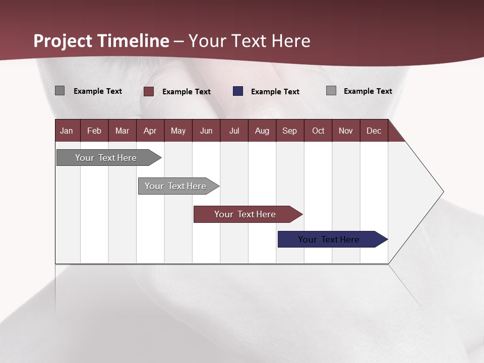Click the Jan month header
click(x=67, y=131)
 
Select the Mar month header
click(x=122, y=131)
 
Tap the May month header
click(x=178, y=131)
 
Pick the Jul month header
click(x=234, y=131)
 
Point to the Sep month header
click(x=289, y=131)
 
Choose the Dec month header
click(x=374, y=131)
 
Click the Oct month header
click(x=318, y=131)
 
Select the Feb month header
click(x=94, y=131)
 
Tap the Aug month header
click(x=262, y=131)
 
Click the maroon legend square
click(x=149, y=91)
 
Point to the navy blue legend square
click(x=238, y=91)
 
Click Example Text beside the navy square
click(x=275, y=92)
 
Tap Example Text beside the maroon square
click(x=186, y=92)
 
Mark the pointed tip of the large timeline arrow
click(x=443, y=192)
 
